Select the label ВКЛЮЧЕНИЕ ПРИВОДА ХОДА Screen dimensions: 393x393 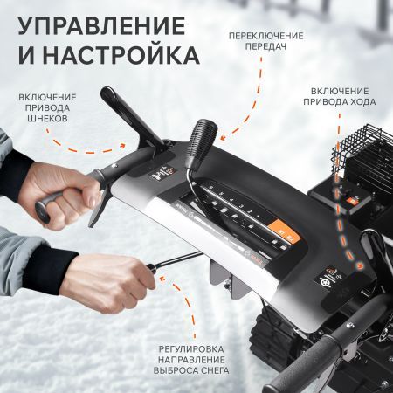[341, 96]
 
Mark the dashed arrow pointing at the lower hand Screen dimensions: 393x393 [188, 301]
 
